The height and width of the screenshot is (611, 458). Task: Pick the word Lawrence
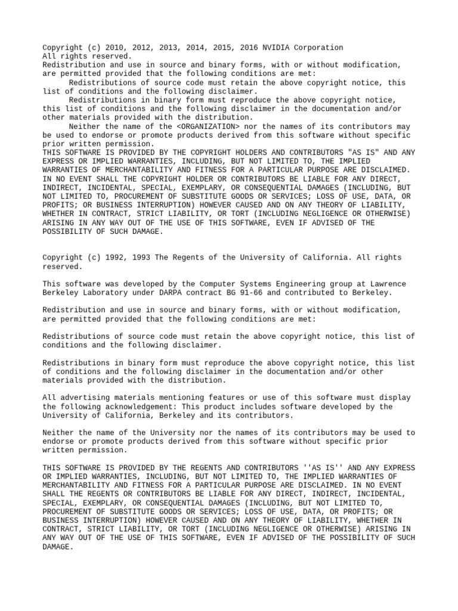point(389,284)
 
